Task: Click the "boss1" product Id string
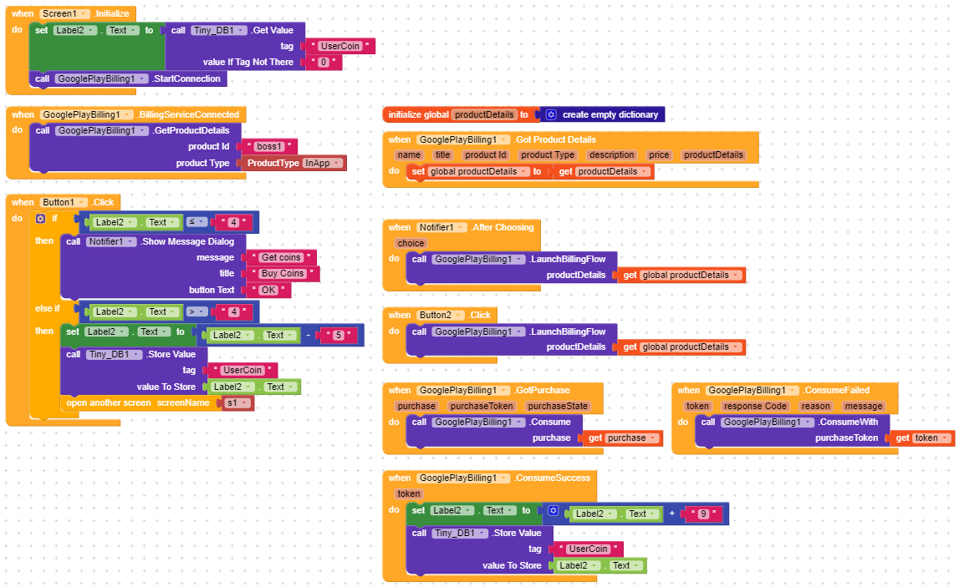click(x=269, y=146)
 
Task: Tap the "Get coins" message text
click(x=281, y=257)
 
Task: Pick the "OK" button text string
click(x=269, y=290)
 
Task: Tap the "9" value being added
click(x=703, y=514)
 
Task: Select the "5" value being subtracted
click(x=339, y=335)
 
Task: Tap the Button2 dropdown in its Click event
click(x=441, y=315)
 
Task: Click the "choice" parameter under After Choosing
click(x=411, y=243)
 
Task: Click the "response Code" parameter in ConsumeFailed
click(x=754, y=406)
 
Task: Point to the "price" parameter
click(x=659, y=154)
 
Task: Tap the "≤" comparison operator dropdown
click(x=195, y=222)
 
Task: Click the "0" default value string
click(x=324, y=62)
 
